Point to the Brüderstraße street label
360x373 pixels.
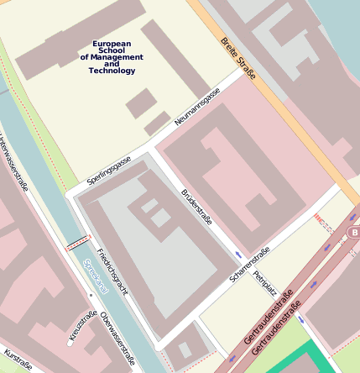(x=196, y=208)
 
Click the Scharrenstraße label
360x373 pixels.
(x=250, y=265)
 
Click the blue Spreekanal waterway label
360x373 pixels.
(x=96, y=276)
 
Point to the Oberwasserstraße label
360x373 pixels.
(x=117, y=338)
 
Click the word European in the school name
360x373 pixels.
(x=112, y=44)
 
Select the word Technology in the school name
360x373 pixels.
(x=112, y=71)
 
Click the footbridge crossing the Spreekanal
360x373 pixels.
(x=77, y=243)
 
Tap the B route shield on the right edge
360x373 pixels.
(x=354, y=231)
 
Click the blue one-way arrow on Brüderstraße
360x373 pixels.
(x=238, y=254)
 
